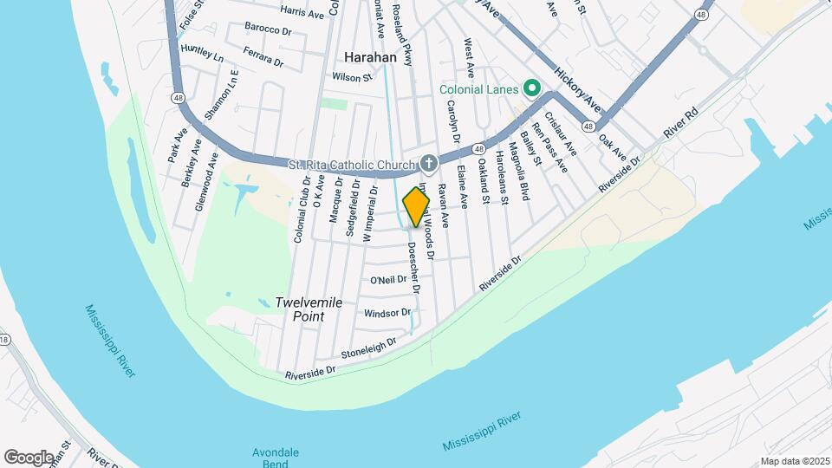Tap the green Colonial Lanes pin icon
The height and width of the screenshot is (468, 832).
(x=530, y=89)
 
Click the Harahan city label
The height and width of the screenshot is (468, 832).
(x=370, y=57)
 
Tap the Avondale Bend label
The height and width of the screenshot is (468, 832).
(x=276, y=458)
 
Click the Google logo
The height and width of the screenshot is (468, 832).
(x=29, y=457)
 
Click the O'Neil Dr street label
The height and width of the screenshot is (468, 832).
(x=387, y=280)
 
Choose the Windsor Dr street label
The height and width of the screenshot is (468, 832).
(x=387, y=313)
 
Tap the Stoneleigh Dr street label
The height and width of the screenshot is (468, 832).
(x=368, y=348)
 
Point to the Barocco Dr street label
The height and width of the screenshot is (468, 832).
(x=269, y=29)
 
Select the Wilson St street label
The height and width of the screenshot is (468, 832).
(x=352, y=77)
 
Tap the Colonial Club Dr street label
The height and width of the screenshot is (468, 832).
(x=302, y=209)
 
